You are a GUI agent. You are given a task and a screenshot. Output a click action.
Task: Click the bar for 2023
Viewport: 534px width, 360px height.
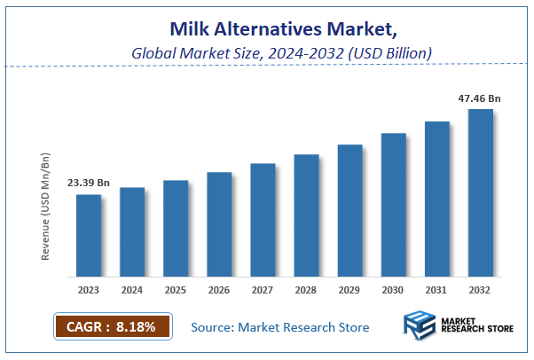pyautogui.click(x=88, y=235)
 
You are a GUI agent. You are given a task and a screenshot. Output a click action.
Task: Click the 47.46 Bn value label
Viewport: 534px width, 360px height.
pyautogui.click(x=479, y=98)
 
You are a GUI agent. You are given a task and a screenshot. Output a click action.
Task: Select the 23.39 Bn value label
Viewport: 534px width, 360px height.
pyautogui.click(x=89, y=183)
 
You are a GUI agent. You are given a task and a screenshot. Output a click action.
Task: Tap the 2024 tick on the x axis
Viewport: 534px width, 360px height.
pyautogui.click(x=131, y=289)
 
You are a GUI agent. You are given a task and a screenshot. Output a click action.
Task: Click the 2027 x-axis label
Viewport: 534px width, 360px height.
pyautogui.click(x=262, y=289)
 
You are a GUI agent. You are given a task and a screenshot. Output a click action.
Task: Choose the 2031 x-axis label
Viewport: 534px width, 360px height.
pyautogui.click(x=436, y=289)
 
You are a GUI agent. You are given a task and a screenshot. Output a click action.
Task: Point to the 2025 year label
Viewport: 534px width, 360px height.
pyautogui.click(x=175, y=289)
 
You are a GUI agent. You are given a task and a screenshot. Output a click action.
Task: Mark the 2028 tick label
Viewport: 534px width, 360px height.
pyautogui.click(x=306, y=289)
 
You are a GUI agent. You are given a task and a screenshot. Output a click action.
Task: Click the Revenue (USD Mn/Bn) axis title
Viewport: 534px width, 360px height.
pyautogui.click(x=45, y=206)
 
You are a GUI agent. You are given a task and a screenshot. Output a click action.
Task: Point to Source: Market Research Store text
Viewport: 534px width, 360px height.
pyautogui.click(x=280, y=328)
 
